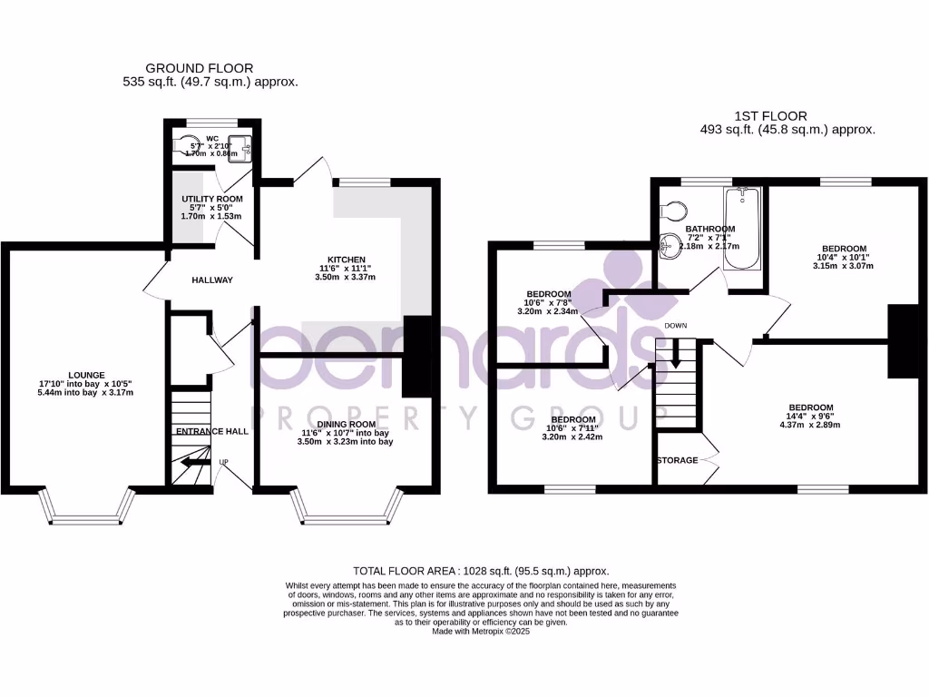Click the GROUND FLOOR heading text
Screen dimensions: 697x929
(x=200, y=68)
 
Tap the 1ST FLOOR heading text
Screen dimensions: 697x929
(x=770, y=116)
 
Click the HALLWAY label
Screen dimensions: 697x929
(x=212, y=280)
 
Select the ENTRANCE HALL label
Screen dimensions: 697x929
(x=212, y=431)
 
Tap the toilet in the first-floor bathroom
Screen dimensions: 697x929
(x=672, y=210)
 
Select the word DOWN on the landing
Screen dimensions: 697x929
(x=674, y=325)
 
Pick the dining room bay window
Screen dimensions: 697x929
(x=347, y=513)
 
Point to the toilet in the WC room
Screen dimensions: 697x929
(x=191, y=145)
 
